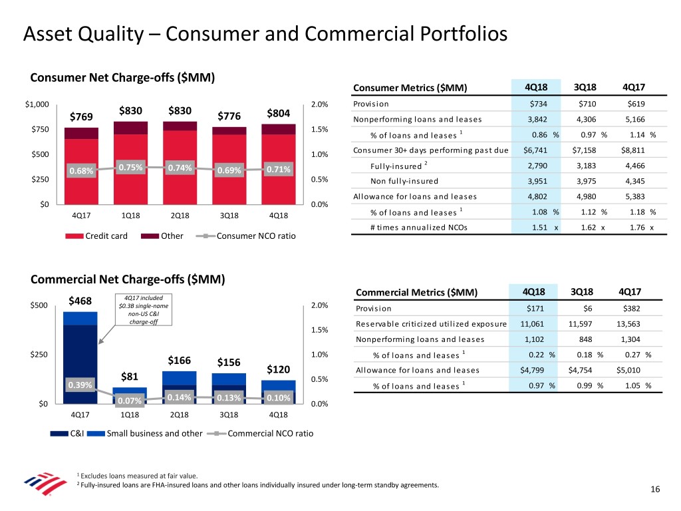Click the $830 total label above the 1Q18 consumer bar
(131, 112)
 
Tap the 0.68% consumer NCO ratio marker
(80, 172)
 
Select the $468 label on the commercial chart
(80, 303)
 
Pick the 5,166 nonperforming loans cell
(636, 120)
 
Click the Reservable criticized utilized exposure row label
(432, 324)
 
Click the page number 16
(655, 490)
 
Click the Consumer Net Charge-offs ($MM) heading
(122, 77)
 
